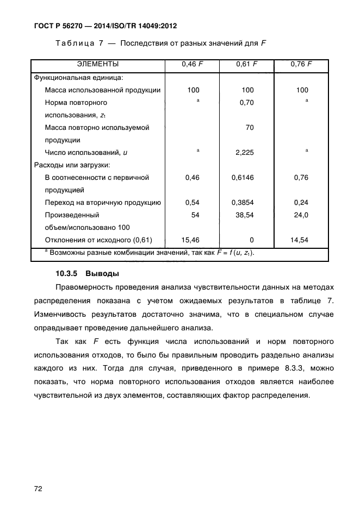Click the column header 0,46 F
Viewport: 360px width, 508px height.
192,64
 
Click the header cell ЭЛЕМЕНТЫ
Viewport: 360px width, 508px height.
98,64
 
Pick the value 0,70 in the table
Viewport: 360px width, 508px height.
247,103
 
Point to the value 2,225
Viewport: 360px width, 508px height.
245,153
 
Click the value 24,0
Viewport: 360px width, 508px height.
301,215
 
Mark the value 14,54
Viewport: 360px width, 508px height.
301,240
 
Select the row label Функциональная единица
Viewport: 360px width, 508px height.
79,78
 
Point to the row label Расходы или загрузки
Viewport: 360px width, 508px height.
72,165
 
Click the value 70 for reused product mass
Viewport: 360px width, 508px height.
250,128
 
